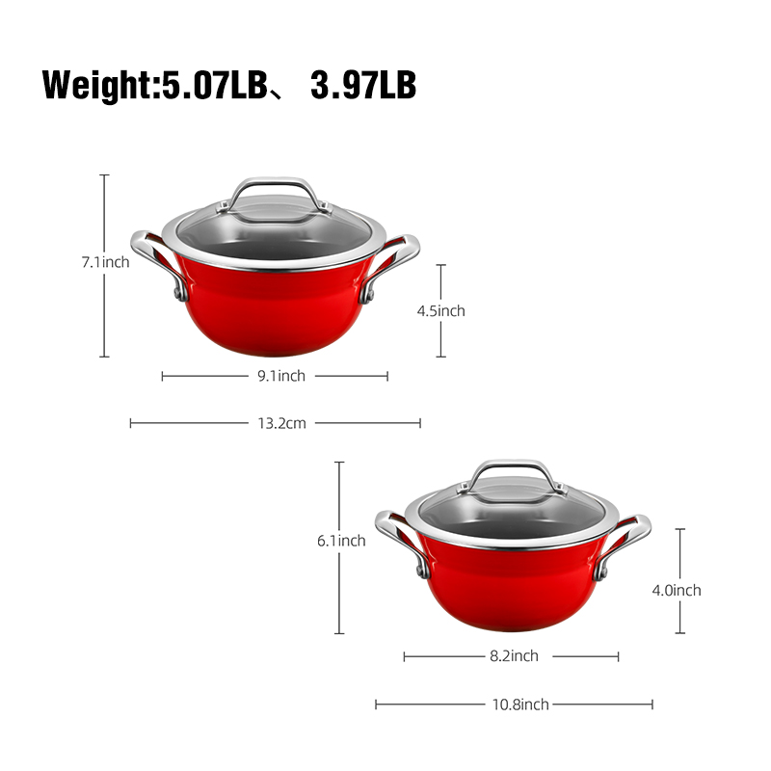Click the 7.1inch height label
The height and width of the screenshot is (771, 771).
(x=105, y=262)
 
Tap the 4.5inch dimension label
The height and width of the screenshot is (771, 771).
(x=441, y=310)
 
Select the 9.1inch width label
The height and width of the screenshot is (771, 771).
(x=281, y=376)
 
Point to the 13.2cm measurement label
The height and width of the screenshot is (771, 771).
(x=281, y=423)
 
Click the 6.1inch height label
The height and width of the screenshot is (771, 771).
(x=341, y=541)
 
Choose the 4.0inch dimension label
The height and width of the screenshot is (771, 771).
(x=677, y=590)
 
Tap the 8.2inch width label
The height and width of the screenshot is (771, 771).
(x=514, y=656)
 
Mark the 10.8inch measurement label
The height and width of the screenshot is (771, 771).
(x=520, y=705)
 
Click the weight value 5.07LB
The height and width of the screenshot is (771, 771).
(x=214, y=85)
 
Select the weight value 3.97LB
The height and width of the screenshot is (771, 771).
(x=363, y=85)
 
